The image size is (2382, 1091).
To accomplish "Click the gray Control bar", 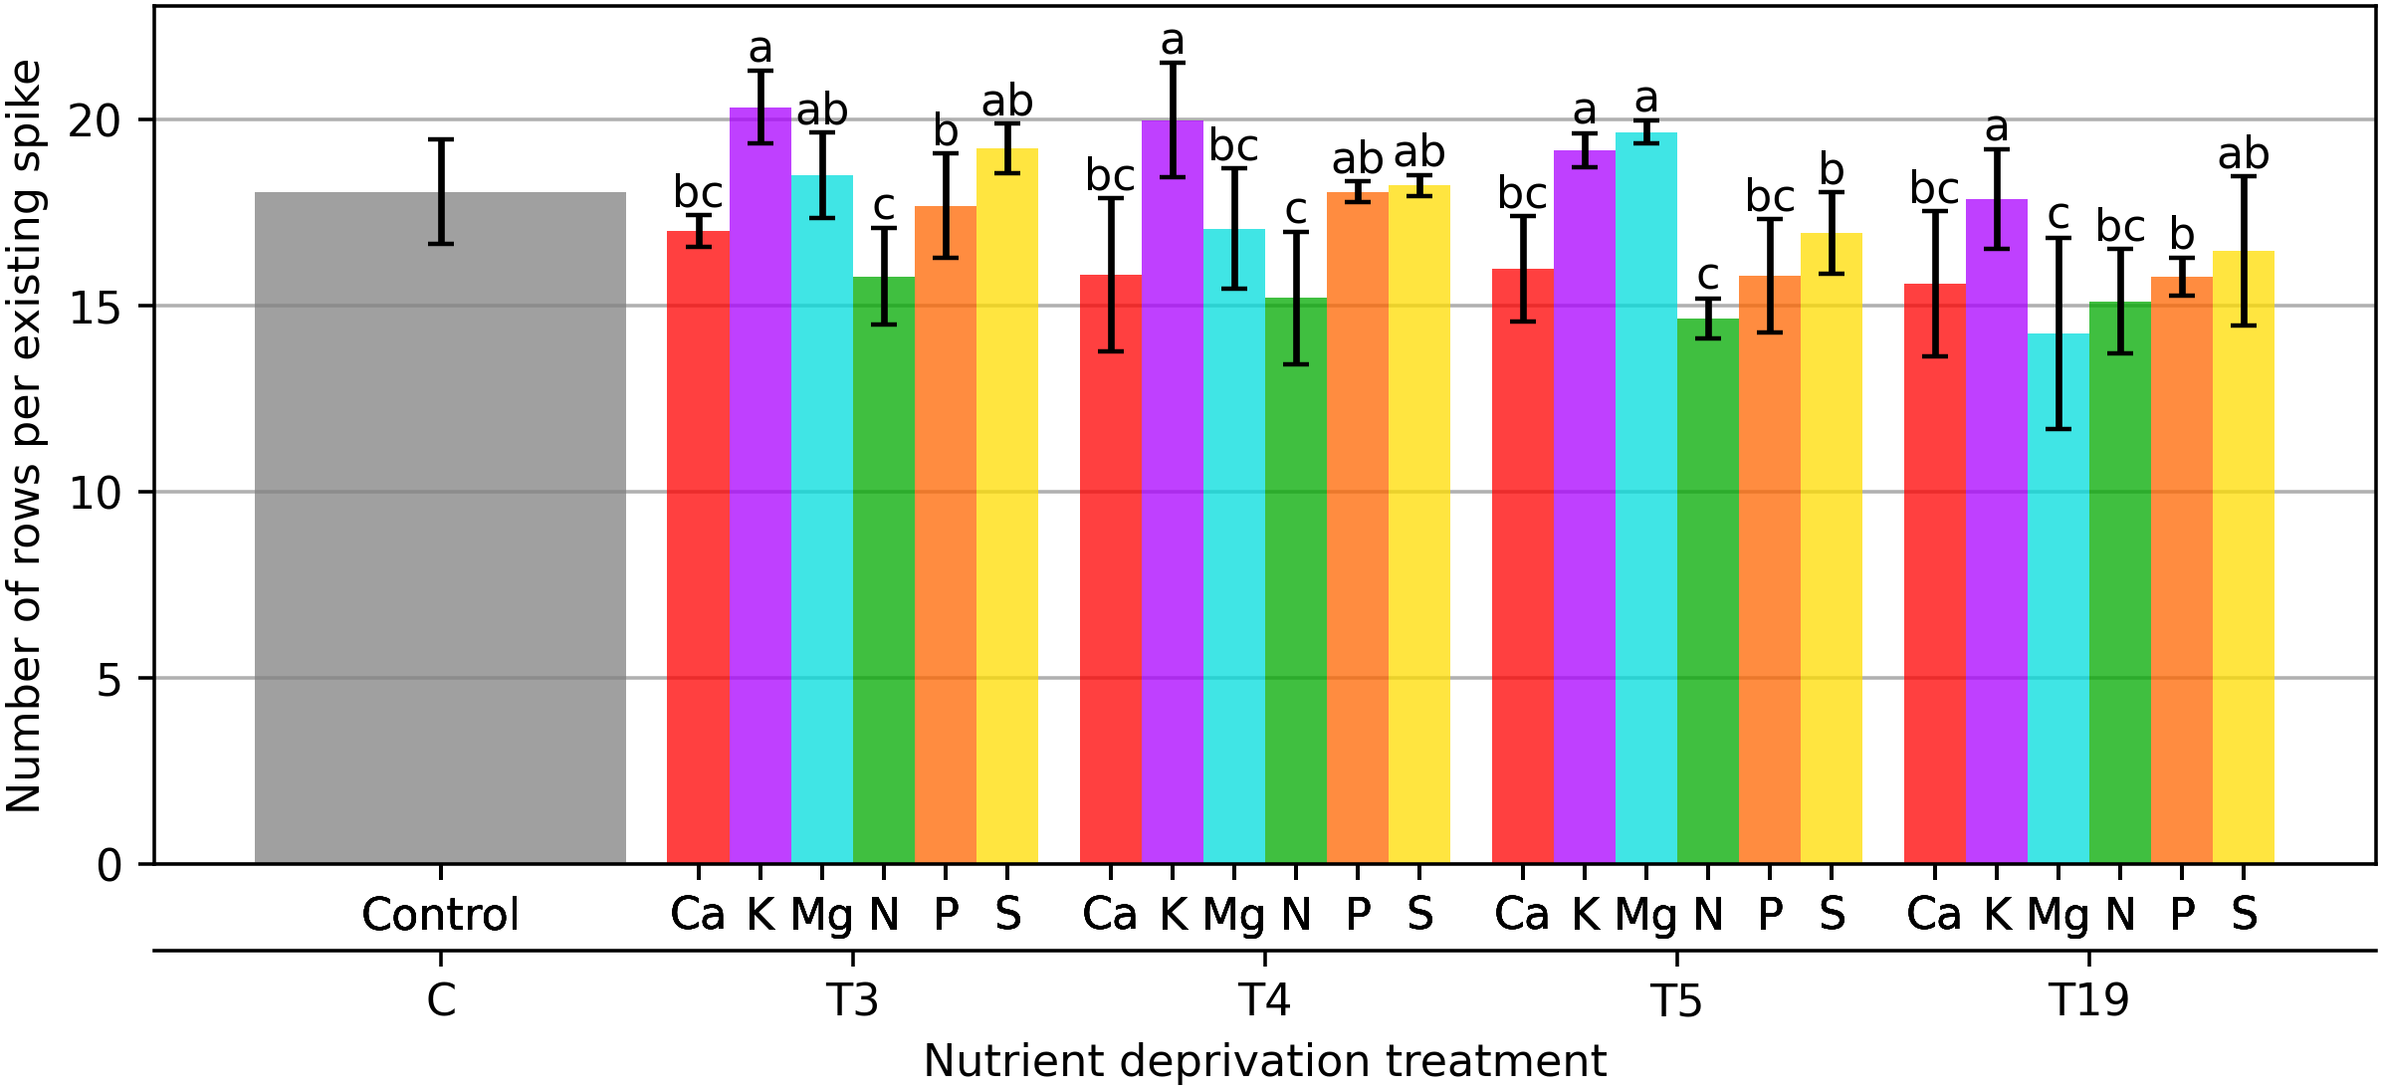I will tap(440, 528).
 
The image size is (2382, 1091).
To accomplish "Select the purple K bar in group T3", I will tap(760, 488).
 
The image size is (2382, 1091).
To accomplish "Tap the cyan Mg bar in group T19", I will tap(2058, 597).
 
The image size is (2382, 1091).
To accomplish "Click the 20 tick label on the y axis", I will tap(94, 121).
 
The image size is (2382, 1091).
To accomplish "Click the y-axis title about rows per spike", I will tap(24, 436).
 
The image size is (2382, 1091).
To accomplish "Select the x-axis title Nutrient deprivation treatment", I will tap(1264, 1061).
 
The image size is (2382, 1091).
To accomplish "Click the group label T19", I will tap(2088, 999).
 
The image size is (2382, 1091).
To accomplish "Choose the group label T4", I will tap(1264, 999).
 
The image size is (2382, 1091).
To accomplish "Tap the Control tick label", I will tap(440, 914).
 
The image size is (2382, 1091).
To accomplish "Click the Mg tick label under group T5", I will tap(1646, 914).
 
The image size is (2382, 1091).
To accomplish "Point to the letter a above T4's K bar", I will tap(1173, 42).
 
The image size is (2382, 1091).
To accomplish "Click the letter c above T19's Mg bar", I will tap(2058, 215).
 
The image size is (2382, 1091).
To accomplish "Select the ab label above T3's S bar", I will tap(1007, 102).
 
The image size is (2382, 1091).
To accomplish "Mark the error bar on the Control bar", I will tap(441, 191).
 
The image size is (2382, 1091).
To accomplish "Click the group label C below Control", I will tap(441, 999).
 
